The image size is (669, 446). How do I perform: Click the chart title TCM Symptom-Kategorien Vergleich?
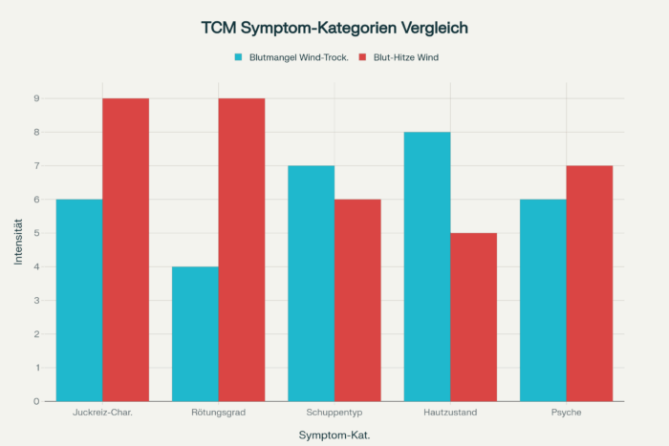(x=334, y=28)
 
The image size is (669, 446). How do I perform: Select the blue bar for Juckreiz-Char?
(x=79, y=300)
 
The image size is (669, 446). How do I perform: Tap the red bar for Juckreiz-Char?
(x=125, y=249)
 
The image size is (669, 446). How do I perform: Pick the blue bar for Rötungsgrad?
(x=195, y=333)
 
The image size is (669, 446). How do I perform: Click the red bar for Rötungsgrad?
(x=242, y=249)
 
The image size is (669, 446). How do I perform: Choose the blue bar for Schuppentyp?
(x=312, y=283)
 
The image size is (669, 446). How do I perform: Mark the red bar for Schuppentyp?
(x=357, y=300)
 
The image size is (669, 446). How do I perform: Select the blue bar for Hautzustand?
(x=427, y=266)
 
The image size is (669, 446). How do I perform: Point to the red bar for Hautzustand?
(x=474, y=317)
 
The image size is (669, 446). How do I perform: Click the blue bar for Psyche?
(x=543, y=300)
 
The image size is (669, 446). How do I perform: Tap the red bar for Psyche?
(x=590, y=283)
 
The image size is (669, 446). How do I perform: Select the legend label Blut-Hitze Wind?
(x=405, y=57)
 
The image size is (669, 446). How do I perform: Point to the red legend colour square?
(x=363, y=57)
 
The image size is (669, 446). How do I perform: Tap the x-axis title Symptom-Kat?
(x=334, y=435)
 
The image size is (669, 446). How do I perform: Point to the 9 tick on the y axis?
(x=35, y=98)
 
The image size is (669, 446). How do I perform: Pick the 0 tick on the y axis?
(x=35, y=401)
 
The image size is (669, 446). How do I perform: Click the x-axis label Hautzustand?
(x=450, y=413)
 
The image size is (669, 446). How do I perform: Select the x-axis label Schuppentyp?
(x=334, y=413)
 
